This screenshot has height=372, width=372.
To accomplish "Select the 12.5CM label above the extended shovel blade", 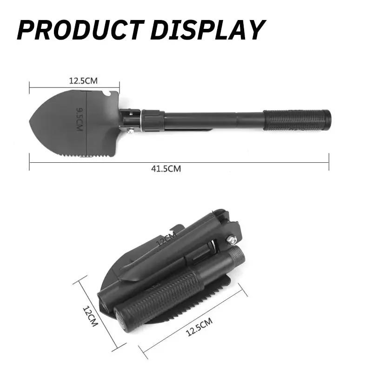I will point(83,80).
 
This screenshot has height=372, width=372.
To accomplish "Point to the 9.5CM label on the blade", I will point(80,119).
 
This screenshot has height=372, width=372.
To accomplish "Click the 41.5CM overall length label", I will point(166,169).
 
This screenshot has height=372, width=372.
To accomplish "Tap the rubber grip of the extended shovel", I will point(297,120).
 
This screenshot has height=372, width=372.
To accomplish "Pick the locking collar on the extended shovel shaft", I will point(153,120).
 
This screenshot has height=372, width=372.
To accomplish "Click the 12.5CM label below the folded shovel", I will point(199,326).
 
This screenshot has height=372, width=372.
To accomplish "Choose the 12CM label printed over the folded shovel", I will point(166,239).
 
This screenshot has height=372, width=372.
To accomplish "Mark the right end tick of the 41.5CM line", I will point(329,162).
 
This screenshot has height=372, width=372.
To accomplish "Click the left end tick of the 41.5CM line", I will point(29,162).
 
